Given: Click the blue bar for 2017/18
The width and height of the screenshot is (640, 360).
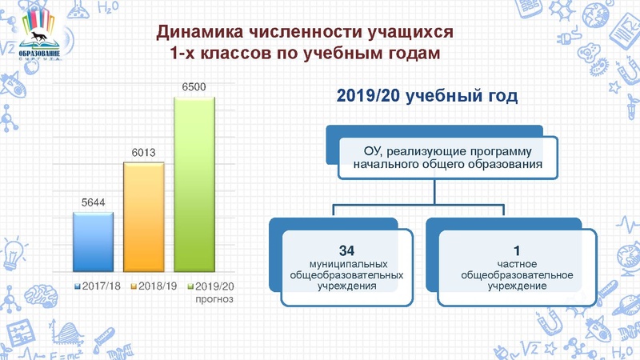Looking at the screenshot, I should tap(93, 243).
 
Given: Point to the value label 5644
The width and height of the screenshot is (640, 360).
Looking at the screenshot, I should tap(94, 203).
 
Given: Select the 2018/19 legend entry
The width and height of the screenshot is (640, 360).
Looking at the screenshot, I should tap(155, 286).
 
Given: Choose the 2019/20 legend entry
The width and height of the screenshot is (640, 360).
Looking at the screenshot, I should tap(213, 286).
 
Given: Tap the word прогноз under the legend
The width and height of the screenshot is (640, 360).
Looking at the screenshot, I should tap(213, 299).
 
